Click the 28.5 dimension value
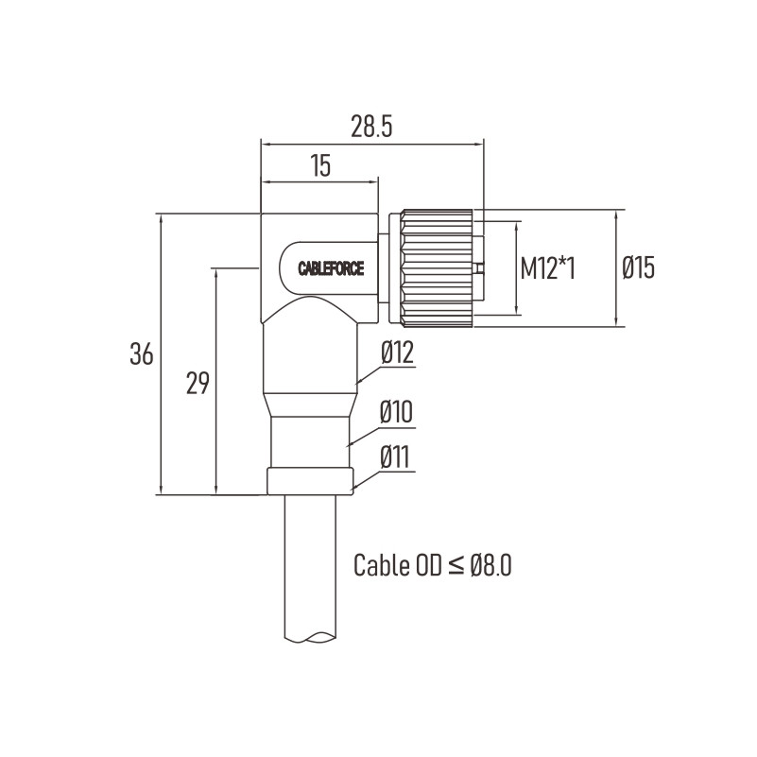point(371,127)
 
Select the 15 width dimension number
point(320,165)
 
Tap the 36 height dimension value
point(142,353)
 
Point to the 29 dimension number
point(198,384)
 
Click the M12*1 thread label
point(547,268)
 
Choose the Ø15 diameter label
point(638,268)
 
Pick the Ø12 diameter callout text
point(397,353)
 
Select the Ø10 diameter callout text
point(396,413)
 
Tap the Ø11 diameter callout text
point(395,457)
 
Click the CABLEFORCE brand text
point(331,268)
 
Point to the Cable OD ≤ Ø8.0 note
point(433,565)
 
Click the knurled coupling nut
point(437,268)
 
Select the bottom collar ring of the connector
point(310,481)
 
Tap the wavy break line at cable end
point(310,637)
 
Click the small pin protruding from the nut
point(479,268)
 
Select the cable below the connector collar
point(310,567)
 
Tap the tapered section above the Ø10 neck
point(310,405)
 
